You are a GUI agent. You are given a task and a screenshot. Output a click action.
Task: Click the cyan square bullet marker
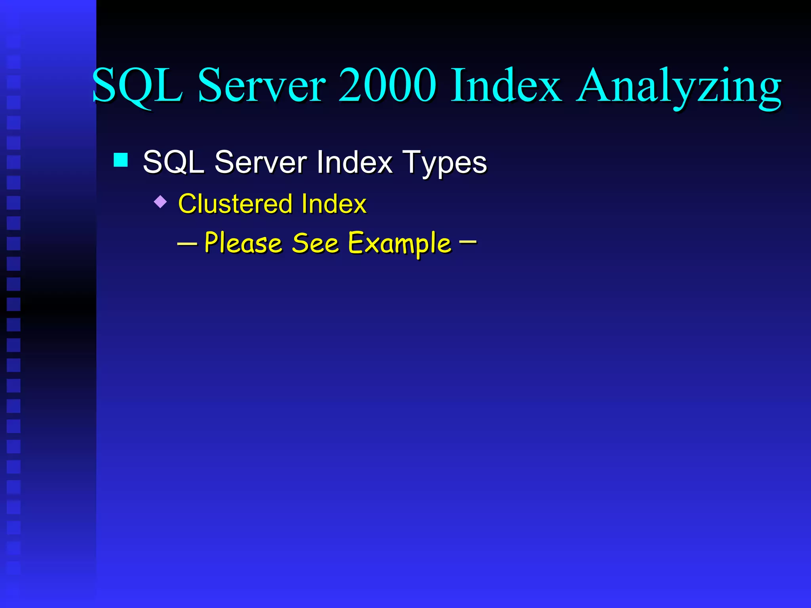(121, 160)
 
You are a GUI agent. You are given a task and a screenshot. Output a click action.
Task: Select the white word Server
(261, 162)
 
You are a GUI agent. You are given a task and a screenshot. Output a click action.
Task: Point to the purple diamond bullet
(160, 201)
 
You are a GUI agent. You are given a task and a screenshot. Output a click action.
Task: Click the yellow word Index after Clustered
(334, 204)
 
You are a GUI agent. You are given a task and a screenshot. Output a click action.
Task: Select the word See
(315, 243)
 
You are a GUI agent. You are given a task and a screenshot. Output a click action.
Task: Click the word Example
(400, 244)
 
